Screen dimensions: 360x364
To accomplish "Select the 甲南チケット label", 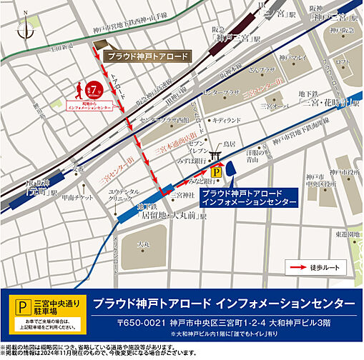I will pyautogui.click(x=74, y=198).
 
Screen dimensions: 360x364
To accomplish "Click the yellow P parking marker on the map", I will pyautogui.click(x=214, y=171).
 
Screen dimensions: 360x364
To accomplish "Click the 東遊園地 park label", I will pyautogui.click(x=350, y=234).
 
